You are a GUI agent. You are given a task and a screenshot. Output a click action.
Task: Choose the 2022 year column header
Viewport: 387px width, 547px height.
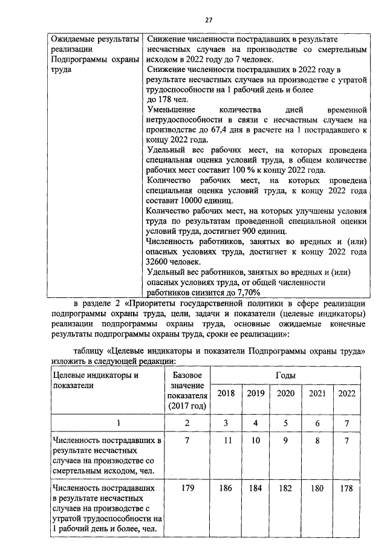click(346, 393)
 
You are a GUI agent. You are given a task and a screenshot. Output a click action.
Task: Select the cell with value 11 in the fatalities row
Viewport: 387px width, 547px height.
click(227, 441)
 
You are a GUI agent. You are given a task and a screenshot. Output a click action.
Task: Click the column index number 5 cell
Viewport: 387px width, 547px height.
click(285, 423)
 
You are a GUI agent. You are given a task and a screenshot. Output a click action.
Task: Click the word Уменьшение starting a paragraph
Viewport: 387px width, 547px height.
click(171, 109)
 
